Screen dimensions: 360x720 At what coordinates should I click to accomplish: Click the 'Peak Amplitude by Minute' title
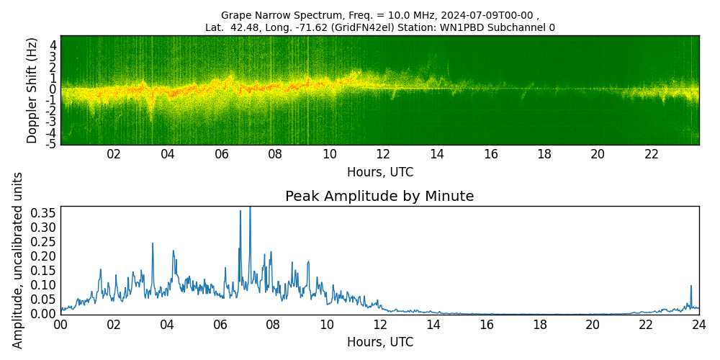point(379,197)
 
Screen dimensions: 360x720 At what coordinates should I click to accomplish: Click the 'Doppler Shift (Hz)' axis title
point(32,90)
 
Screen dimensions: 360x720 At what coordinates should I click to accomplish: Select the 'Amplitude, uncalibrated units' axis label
point(18,260)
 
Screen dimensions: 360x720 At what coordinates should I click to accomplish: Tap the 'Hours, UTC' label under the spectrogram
point(379,173)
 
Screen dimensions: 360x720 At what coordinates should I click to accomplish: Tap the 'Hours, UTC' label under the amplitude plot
point(379,342)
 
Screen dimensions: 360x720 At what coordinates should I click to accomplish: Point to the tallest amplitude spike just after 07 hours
point(250,208)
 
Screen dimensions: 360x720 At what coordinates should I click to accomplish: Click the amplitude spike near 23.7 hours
point(691,287)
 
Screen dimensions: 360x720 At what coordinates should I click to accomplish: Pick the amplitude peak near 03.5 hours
point(153,244)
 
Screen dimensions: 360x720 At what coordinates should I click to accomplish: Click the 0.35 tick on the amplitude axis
point(45,213)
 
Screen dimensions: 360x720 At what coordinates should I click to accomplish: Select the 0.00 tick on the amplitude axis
point(45,314)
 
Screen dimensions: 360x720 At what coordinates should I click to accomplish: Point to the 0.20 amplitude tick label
point(45,256)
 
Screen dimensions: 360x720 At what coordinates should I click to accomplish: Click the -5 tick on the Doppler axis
point(52,144)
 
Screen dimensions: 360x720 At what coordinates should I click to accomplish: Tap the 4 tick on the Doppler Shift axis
point(53,45)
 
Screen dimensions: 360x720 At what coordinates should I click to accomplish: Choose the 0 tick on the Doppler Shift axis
point(53,89)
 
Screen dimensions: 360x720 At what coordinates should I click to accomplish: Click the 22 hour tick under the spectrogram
point(652,154)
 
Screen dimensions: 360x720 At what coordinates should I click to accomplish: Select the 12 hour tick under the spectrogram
point(383,154)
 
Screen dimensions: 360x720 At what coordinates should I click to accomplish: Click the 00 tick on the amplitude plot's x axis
point(60,325)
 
